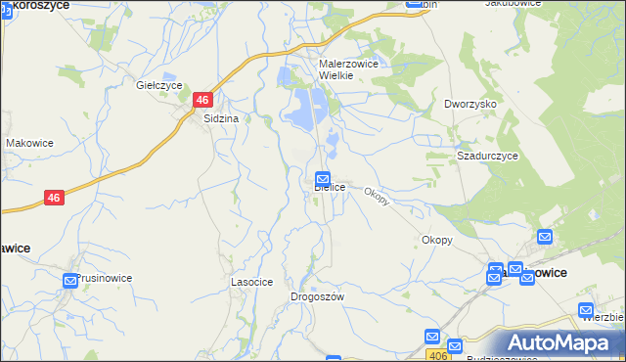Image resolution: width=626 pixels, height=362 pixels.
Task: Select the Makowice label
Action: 29,143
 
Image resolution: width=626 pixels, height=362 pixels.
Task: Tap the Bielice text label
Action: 330,187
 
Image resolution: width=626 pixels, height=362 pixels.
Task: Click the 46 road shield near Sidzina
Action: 202,100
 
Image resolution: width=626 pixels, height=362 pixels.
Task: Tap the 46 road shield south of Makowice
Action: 55,198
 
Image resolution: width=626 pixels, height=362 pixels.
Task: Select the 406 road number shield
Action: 433,356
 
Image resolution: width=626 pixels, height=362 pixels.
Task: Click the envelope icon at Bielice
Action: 323,179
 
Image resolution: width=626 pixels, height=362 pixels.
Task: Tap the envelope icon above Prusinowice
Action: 70,281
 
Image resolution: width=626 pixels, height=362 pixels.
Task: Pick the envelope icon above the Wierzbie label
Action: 588,300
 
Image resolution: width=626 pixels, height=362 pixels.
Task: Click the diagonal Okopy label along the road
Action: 378,196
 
